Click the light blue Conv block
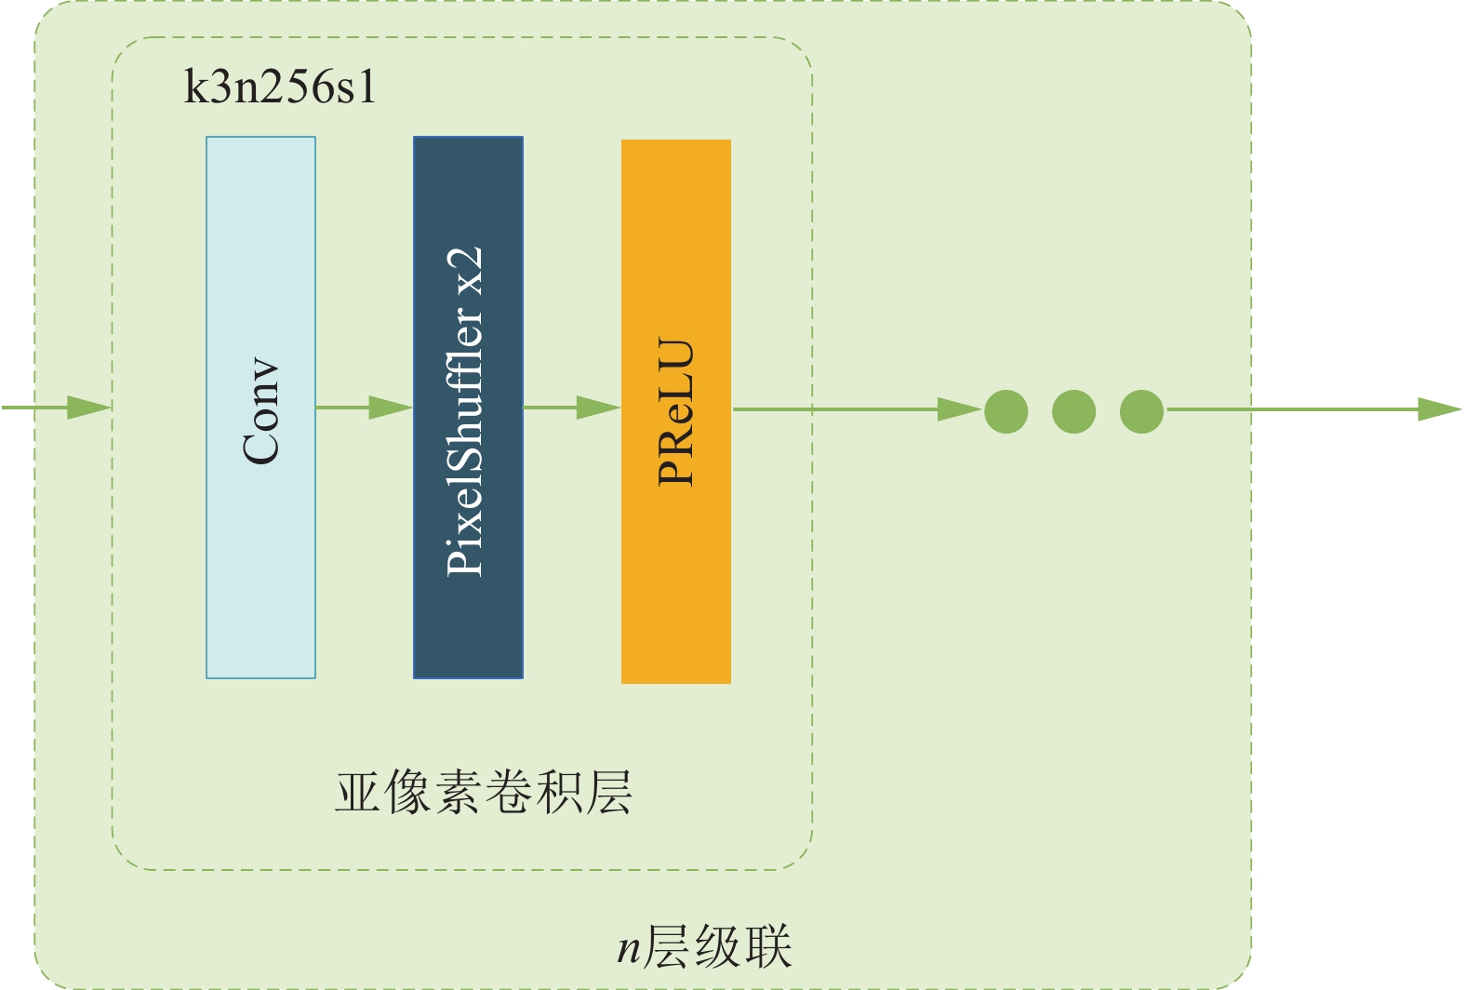[x=261, y=408]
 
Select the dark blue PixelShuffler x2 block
[x=468, y=408]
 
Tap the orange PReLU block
[x=676, y=411]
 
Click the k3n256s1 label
[x=280, y=87]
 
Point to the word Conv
[x=260, y=411]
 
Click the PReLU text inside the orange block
[x=675, y=411]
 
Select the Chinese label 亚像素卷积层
[x=484, y=793]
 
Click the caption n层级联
[x=704, y=946]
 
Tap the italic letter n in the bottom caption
[x=629, y=950]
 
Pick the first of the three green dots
[x=1006, y=411]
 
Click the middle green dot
[x=1074, y=411]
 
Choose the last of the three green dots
[x=1142, y=411]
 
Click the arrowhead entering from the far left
[x=89, y=408]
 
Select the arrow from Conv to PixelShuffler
[x=365, y=408]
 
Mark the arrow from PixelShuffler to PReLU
[x=572, y=408]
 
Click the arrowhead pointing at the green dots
[x=960, y=409]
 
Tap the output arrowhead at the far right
[x=1440, y=409]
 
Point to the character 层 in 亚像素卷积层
[x=609, y=793]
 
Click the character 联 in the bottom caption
[x=769, y=946]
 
